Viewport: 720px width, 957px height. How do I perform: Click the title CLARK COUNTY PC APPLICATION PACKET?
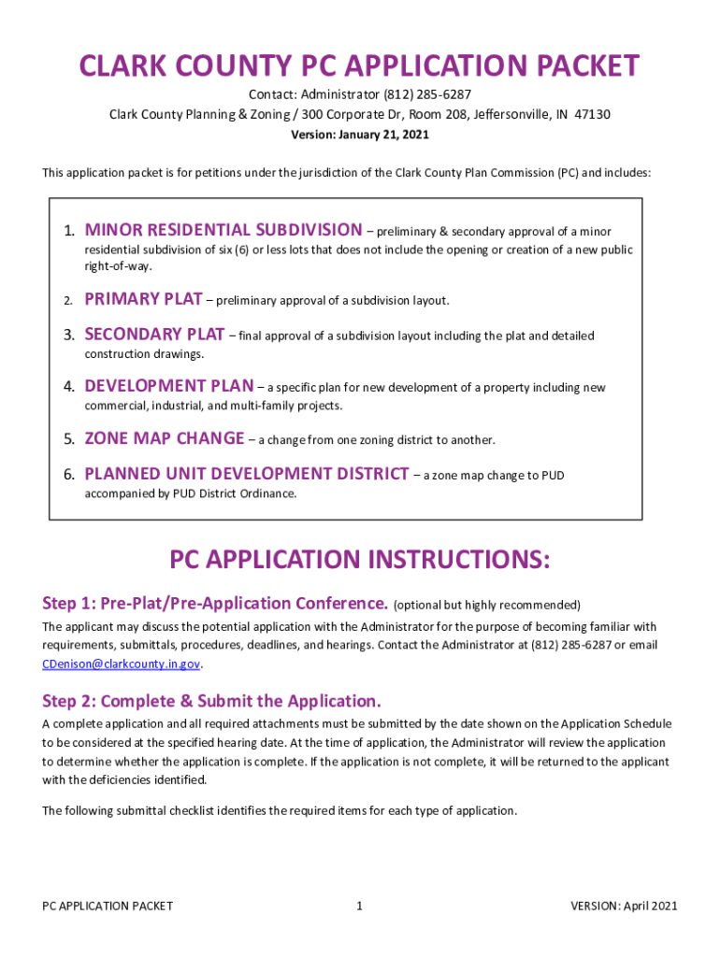click(360, 66)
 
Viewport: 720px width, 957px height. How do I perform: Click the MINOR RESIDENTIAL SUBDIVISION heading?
click(223, 230)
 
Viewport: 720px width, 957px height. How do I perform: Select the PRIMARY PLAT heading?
click(143, 300)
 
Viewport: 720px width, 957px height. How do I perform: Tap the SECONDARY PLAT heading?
click(154, 335)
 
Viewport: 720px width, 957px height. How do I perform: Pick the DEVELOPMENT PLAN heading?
click(168, 386)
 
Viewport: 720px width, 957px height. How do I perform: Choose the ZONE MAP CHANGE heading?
click(165, 438)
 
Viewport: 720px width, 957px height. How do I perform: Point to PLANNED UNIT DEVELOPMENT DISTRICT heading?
click(246, 474)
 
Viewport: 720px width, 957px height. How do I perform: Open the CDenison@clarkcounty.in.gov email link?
click(122, 664)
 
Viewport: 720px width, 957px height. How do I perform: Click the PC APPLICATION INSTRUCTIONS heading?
click(360, 560)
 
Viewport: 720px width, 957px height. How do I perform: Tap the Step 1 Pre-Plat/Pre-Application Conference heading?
click(215, 603)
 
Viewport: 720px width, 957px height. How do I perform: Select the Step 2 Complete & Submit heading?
click(212, 701)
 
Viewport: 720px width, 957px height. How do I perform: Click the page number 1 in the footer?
click(360, 906)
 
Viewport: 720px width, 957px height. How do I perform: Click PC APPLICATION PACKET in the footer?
click(108, 906)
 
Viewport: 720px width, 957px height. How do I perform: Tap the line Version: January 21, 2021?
click(360, 135)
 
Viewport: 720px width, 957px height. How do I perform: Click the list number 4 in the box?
click(68, 387)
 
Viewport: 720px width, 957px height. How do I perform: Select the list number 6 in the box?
click(68, 475)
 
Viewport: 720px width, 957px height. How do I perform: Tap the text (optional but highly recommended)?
click(487, 605)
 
